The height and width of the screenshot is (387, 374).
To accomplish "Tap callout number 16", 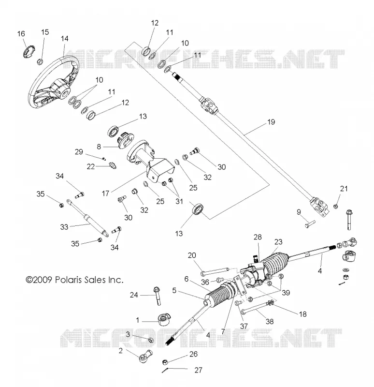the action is point(21,33).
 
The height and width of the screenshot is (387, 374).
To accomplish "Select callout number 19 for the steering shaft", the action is point(271,122).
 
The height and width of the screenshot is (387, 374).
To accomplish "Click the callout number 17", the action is point(105,193).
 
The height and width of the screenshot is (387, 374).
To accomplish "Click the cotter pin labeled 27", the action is point(165,370).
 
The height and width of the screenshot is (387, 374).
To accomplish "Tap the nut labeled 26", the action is point(166,362).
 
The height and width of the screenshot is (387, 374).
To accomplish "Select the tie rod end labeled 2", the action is point(145,356).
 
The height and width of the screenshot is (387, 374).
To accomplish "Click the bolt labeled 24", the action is point(157,296).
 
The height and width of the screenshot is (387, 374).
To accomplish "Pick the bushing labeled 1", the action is point(164,319).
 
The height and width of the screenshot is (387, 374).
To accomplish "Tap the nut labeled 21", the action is point(335,206).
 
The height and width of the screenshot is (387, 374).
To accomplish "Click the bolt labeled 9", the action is point(310,223).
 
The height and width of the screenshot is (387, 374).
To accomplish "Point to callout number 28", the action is point(258,237).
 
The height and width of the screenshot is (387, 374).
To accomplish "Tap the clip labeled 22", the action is point(113,165).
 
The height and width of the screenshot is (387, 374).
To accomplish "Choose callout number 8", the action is point(99,147).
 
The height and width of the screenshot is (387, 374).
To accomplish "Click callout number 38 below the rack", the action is point(270,321).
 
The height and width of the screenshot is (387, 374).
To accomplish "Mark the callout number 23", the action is point(278,241).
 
